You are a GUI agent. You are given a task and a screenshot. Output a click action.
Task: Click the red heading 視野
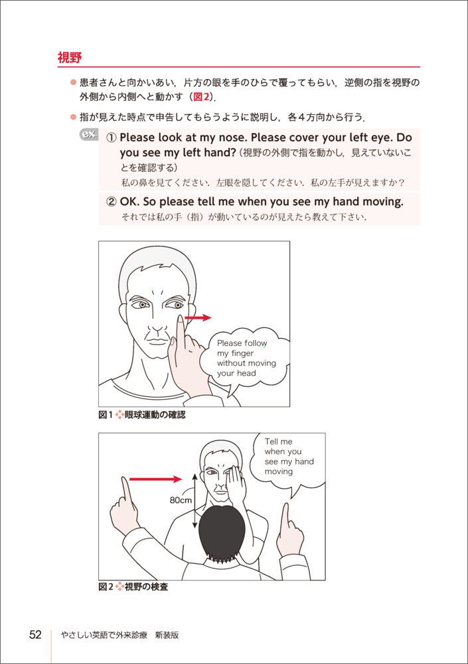(x=70, y=57)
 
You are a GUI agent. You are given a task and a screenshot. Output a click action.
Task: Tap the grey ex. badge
(x=89, y=134)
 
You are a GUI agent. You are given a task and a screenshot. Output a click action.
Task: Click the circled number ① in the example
(x=111, y=137)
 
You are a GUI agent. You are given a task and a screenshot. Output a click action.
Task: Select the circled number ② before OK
(x=111, y=202)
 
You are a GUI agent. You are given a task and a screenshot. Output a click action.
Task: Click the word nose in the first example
(x=232, y=137)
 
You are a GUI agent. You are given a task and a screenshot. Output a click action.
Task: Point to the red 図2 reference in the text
(x=201, y=96)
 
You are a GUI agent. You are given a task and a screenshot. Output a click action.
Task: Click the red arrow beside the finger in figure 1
(x=198, y=317)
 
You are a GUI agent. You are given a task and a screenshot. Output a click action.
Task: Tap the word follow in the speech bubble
(x=254, y=343)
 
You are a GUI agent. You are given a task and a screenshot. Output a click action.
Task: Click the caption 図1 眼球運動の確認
(x=142, y=415)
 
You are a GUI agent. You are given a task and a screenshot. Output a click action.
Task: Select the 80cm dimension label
(x=181, y=500)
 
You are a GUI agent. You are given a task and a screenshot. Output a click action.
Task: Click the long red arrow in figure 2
(x=155, y=479)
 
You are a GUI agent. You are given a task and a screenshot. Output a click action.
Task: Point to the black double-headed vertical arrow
(x=195, y=501)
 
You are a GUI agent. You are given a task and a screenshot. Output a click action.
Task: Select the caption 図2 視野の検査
(x=133, y=587)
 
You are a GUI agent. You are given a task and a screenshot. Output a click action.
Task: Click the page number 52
(x=36, y=634)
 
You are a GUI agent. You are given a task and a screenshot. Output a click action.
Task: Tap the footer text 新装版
(x=167, y=635)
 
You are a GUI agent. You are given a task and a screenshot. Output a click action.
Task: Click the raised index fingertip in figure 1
(x=181, y=319)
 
